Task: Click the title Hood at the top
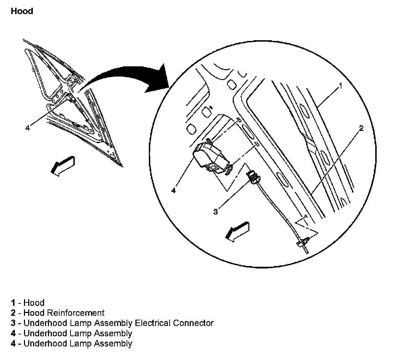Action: tap(22, 11)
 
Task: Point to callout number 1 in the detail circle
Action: tap(340, 86)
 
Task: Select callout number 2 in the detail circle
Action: tap(361, 128)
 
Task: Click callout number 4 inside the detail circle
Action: tap(174, 191)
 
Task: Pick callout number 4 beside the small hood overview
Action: tap(28, 127)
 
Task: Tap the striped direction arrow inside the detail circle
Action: tap(237, 231)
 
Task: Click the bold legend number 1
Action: tap(13, 303)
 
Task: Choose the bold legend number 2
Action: tap(13, 313)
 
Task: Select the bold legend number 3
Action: tap(13, 323)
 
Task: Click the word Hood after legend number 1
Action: tap(34, 303)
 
